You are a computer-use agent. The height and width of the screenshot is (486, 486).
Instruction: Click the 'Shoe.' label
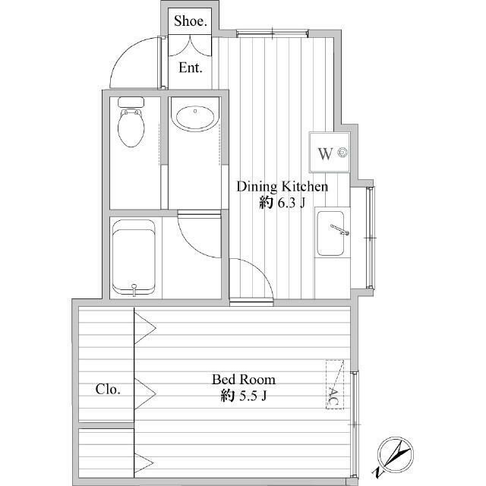coord(191,21)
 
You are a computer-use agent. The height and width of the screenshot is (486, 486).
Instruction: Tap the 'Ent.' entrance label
coord(191,68)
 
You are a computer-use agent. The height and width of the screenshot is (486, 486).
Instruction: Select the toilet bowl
coord(131,128)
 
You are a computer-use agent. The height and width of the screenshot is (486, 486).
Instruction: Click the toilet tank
coord(131,102)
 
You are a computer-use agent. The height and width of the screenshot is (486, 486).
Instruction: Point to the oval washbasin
coord(195,118)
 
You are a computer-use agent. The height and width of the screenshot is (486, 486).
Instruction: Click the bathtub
coord(134,257)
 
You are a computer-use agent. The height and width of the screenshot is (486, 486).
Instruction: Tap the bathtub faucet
coord(134,289)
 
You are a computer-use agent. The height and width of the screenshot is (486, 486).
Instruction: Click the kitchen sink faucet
coord(339,229)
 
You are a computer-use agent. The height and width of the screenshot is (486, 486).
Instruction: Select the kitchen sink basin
coord(330,233)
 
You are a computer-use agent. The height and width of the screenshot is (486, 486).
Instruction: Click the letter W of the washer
coord(326,153)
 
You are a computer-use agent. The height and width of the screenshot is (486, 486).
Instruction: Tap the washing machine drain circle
coord(342,152)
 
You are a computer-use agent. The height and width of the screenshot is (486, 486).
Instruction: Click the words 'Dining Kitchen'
coord(282,187)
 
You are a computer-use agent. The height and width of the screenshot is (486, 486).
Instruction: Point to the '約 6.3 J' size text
coord(282,203)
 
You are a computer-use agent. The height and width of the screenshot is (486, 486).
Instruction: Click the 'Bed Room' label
coord(244,380)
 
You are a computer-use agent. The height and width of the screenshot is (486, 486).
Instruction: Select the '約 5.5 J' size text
coord(244,396)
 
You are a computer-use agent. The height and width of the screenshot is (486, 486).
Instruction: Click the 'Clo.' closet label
coord(108,390)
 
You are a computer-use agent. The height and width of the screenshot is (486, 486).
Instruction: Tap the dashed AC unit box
coord(335,384)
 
